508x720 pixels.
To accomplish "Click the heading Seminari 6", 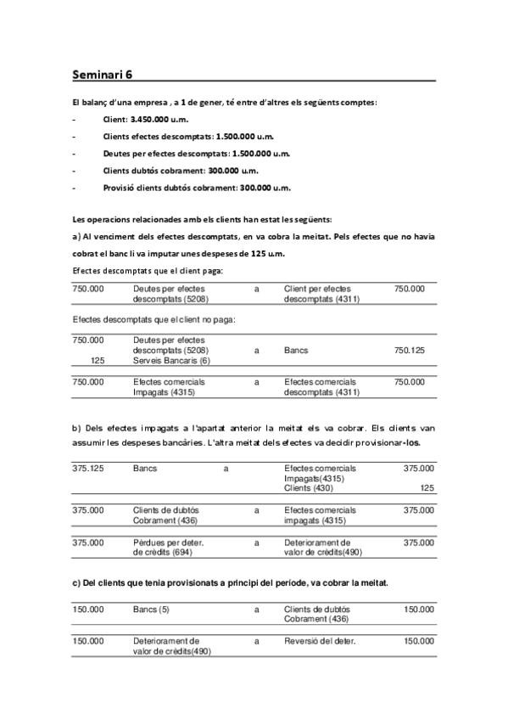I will [102, 74].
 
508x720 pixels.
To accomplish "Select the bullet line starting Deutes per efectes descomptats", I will [196, 154].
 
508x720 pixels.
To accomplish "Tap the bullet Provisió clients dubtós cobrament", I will [196, 188].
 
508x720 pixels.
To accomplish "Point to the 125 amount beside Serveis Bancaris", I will [96, 360].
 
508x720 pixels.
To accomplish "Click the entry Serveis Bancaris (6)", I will [170, 360].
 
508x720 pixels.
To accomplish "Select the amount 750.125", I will [410, 350].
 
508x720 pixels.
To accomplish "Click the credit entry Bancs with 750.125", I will [296, 350].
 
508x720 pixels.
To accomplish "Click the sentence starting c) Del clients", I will [230, 582].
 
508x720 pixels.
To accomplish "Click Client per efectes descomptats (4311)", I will [321, 294].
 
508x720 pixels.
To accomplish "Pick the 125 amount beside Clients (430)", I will [427, 488].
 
